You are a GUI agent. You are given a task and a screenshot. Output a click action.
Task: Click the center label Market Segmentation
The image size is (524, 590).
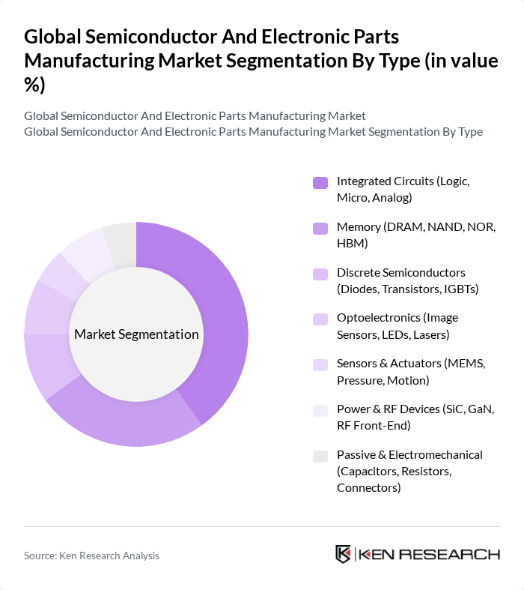[x=136, y=334]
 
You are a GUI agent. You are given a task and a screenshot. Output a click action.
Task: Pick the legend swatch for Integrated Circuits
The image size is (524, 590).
[x=320, y=182]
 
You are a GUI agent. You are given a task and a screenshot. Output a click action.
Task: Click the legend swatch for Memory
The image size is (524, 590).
[x=320, y=228]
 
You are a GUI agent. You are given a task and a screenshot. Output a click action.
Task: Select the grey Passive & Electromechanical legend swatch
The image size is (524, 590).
[x=320, y=456]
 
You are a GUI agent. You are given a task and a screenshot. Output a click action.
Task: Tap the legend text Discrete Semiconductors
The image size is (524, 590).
[x=400, y=272]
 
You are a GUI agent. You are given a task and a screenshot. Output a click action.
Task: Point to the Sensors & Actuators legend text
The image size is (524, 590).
[x=389, y=364]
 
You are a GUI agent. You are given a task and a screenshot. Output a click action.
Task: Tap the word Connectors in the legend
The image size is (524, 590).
[x=368, y=488]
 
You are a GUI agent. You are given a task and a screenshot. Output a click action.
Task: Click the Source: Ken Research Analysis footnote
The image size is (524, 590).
[x=91, y=556]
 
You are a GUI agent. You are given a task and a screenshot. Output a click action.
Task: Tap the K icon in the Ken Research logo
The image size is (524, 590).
[x=344, y=555]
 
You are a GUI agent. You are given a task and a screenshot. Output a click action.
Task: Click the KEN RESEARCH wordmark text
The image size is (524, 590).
[x=429, y=555]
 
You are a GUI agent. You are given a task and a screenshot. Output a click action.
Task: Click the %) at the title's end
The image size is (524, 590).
[x=34, y=85]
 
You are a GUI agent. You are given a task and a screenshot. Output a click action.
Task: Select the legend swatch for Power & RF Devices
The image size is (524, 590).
[x=320, y=410]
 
